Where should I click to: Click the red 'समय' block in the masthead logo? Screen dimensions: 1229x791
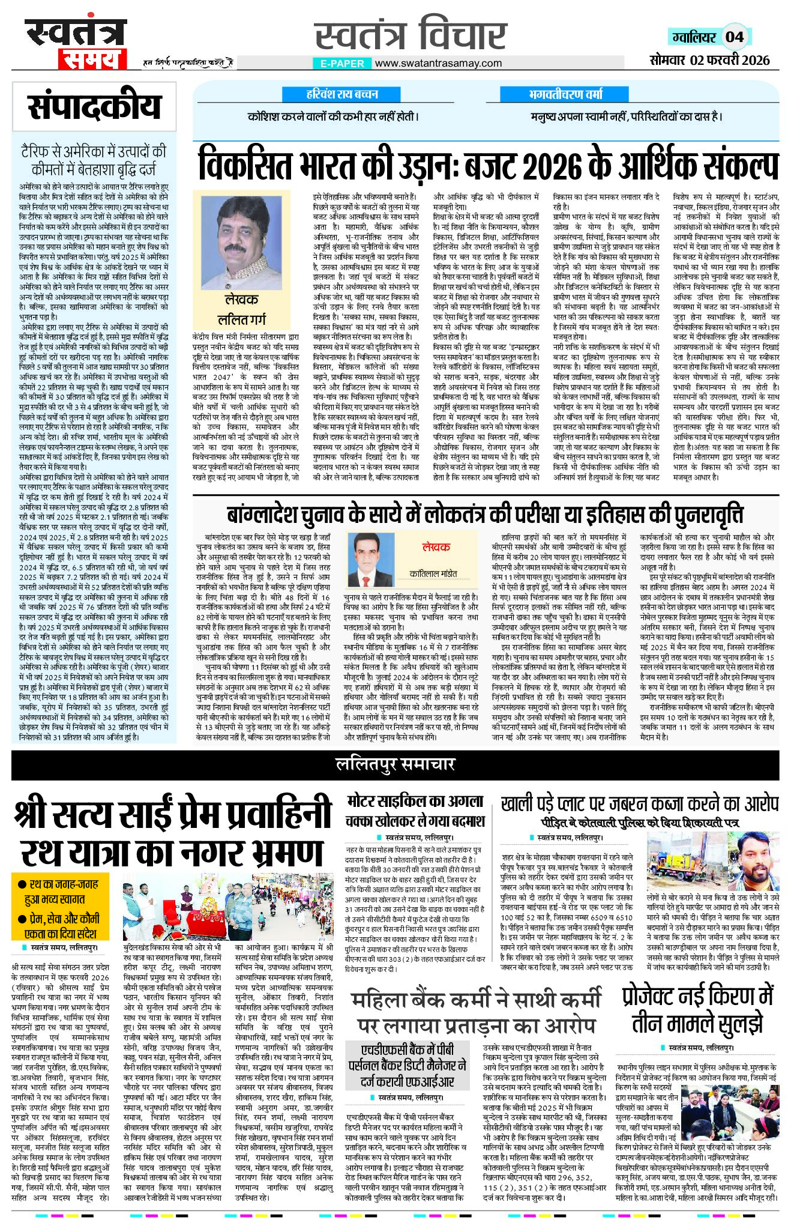(92, 59)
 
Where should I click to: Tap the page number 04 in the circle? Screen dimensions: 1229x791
(734, 37)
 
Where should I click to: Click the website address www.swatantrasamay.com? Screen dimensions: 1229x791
(438, 63)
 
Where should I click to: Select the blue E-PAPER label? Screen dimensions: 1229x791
(341, 63)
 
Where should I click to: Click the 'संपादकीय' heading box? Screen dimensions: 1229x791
(94, 107)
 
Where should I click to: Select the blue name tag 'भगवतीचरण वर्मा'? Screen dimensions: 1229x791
(565, 94)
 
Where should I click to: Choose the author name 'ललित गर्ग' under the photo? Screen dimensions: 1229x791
(241, 319)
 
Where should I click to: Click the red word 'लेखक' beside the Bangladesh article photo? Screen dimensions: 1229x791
(436, 547)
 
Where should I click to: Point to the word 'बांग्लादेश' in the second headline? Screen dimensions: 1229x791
(266, 515)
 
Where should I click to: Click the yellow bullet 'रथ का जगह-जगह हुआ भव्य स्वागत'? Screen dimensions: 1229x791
(61, 892)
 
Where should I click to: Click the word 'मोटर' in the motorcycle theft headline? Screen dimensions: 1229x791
(364, 802)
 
